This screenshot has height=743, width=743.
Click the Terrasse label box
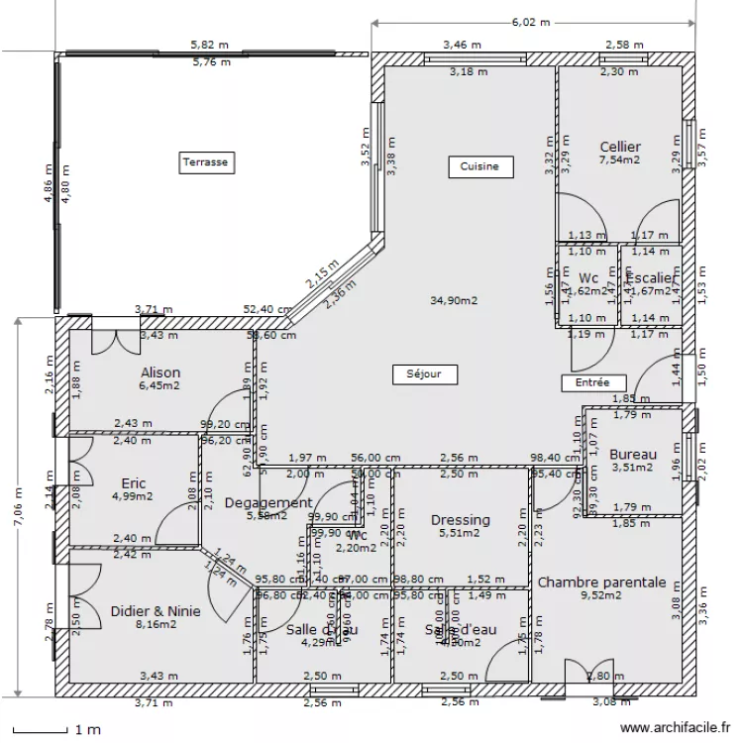point(205,162)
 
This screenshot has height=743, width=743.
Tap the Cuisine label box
point(479,166)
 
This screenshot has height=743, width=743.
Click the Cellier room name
point(620,147)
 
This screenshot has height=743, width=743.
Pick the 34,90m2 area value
point(455,299)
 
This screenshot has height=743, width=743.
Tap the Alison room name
point(160,372)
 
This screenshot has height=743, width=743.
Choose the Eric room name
point(134,483)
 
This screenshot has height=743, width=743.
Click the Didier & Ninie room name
point(156,610)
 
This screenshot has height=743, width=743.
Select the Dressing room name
point(461,520)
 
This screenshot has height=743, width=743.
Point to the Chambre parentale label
point(601,582)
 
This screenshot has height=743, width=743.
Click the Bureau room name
point(633,455)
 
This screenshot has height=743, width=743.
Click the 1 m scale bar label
point(87,730)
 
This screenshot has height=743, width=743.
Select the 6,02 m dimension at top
point(530,21)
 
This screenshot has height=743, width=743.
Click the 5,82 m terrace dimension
point(210,45)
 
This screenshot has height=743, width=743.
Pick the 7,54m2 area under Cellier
point(620,159)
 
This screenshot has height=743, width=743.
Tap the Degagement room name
point(268,502)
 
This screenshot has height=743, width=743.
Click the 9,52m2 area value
point(601,595)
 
